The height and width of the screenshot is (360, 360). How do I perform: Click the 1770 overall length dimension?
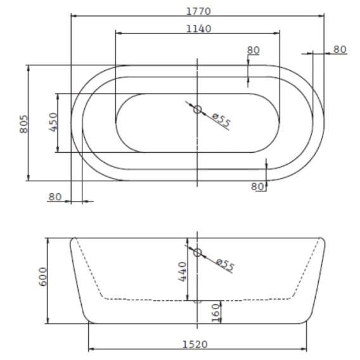[x=198, y=11]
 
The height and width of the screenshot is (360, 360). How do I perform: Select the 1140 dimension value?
[x=198, y=29]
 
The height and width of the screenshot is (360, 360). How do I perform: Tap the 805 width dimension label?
[x=23, y=124]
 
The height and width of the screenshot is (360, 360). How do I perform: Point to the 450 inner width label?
[x=53, y=122]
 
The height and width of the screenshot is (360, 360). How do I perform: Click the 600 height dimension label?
[x=43, y=277]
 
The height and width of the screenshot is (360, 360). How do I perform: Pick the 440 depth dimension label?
[x=183, y=272]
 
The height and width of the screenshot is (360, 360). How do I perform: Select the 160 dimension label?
[x=215, y=313]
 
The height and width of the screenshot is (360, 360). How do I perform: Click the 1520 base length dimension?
[x=195, y=344]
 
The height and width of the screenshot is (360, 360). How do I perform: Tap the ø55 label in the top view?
[x=221, y=120]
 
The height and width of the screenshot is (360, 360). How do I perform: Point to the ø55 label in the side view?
[x=226, y=264]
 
